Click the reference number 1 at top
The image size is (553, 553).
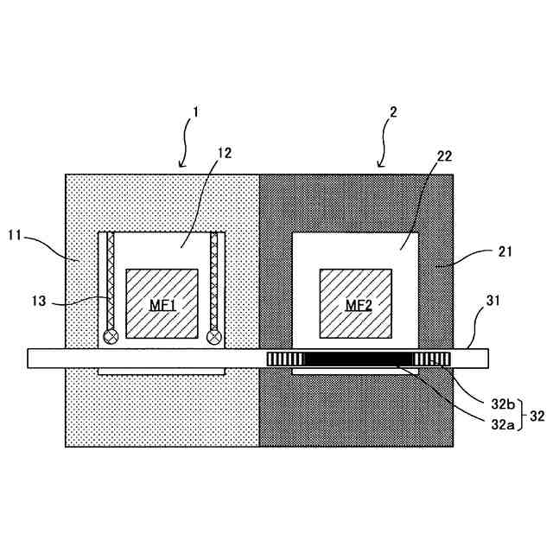(x=196, y=111)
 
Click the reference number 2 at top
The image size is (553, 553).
(x=393, y=111)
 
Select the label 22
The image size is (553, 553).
(x=445, y=156)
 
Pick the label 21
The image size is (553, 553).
(x=505, y=251)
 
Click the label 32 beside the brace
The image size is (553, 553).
(x=537, y=415)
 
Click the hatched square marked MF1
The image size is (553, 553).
(x=162, y=303)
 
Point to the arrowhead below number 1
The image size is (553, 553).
(x=181, y=164)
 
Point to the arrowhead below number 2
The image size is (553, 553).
(x=380, y=164)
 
